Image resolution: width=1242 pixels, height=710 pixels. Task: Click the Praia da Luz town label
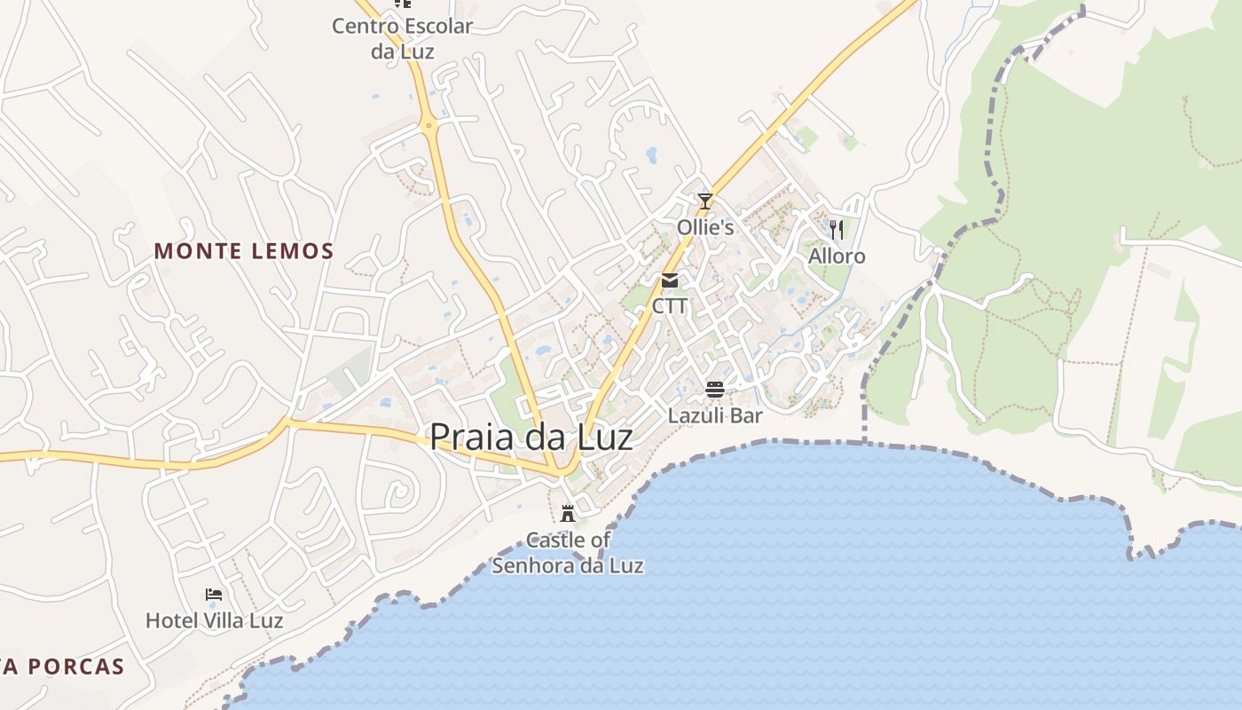(x=531, y=438)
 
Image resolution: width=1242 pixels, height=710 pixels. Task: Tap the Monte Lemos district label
(x=244, y=251)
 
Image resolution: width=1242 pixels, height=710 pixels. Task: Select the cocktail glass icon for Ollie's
(x=705, y=201)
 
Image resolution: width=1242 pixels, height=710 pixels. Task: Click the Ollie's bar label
(x=705, y=228)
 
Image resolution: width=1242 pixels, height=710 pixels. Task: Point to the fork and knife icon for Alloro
(x=836, y=230)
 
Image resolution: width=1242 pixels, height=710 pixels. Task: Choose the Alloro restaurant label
(x=836, y=256)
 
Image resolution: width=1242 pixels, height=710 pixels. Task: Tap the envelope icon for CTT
(x=670, y=281)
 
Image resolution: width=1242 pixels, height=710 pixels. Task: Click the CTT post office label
(x=670, y=306)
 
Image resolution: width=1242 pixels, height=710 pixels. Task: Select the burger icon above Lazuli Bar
(x=715, y=389)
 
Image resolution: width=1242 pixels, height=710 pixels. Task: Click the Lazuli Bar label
(x=715, y=415)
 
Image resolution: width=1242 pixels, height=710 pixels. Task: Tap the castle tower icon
(x=568, y=513)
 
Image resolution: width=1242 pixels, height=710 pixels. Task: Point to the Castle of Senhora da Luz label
(x=568, y=552)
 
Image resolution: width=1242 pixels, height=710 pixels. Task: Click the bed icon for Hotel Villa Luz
(x=213, y=595)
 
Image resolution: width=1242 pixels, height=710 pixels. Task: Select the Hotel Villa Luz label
(x=214, y=620)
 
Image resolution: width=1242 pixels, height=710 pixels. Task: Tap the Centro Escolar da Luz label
(x=403, y=38)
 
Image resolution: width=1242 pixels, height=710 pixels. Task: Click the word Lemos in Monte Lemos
(x=289, y=251)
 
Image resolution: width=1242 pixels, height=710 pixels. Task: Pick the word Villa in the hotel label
(x=222, y=620)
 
